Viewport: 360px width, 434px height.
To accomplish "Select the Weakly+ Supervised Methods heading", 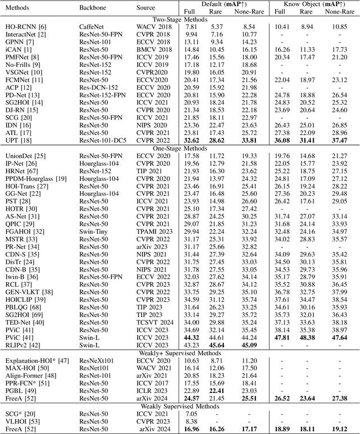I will [180, 353].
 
